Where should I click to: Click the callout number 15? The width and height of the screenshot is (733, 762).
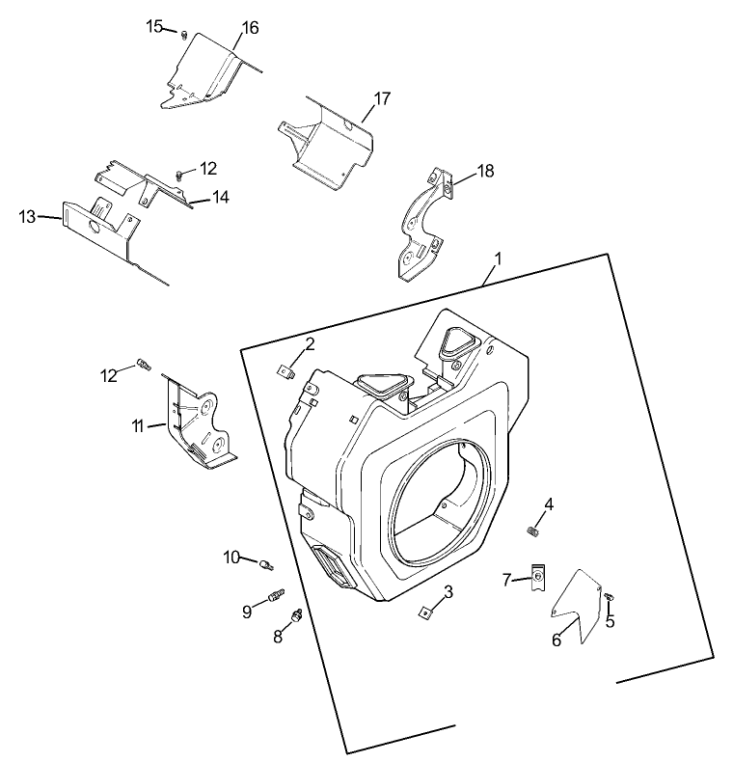coord(154,26)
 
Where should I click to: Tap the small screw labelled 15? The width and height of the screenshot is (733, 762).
coord(181,34)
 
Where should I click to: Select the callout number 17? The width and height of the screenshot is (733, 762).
coord(382,98)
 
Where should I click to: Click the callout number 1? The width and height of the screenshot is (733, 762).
coord(498,259)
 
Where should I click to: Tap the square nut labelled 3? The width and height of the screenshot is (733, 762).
coord(425,610)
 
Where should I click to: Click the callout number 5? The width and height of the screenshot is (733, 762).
coord(610,622)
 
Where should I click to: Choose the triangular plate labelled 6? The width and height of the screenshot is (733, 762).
coord(577,606)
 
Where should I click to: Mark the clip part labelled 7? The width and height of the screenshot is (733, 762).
coord(537,579)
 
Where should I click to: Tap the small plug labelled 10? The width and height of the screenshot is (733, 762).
coord(267,562)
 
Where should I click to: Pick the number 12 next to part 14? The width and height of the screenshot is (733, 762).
coord(209,168)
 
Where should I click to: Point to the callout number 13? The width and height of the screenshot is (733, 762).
coord(27,216)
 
